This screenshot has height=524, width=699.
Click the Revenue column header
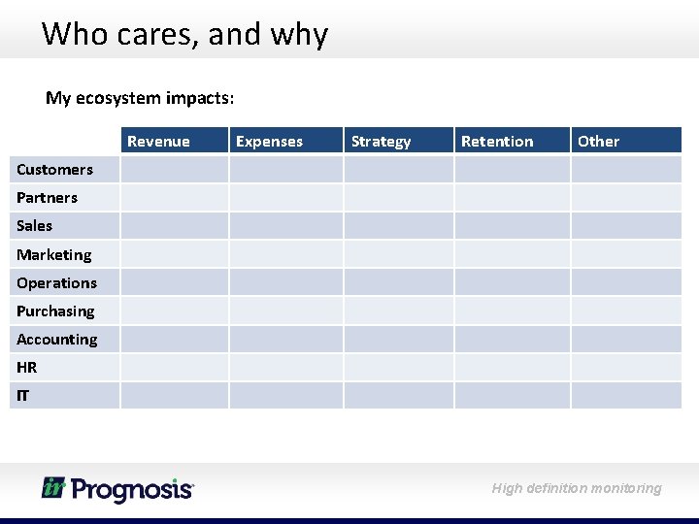[158, 142]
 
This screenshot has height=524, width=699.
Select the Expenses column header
[269, 142]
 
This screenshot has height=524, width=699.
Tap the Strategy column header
[381, 142]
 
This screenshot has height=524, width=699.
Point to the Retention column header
[497, 142]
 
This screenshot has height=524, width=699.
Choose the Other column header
[598, 142]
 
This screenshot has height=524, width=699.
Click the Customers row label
[54, 170]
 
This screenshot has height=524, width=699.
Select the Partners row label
[47, 198]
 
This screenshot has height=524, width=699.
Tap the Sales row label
[34, 226]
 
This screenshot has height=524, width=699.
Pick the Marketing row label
[53, 255]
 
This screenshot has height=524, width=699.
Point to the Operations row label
[56, 283]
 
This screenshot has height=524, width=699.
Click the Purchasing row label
[55, 311]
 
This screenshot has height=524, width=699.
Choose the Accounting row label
[56, 340]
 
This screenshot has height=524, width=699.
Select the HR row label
[26, 368]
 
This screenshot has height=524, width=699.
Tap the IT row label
[22, 396]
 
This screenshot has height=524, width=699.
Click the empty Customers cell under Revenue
[174, 170]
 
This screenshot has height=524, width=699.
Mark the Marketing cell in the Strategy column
[399, 255]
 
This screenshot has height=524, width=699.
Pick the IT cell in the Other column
[626, 396]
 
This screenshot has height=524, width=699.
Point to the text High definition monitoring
[577, 488]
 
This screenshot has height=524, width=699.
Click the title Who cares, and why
[184, 34]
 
